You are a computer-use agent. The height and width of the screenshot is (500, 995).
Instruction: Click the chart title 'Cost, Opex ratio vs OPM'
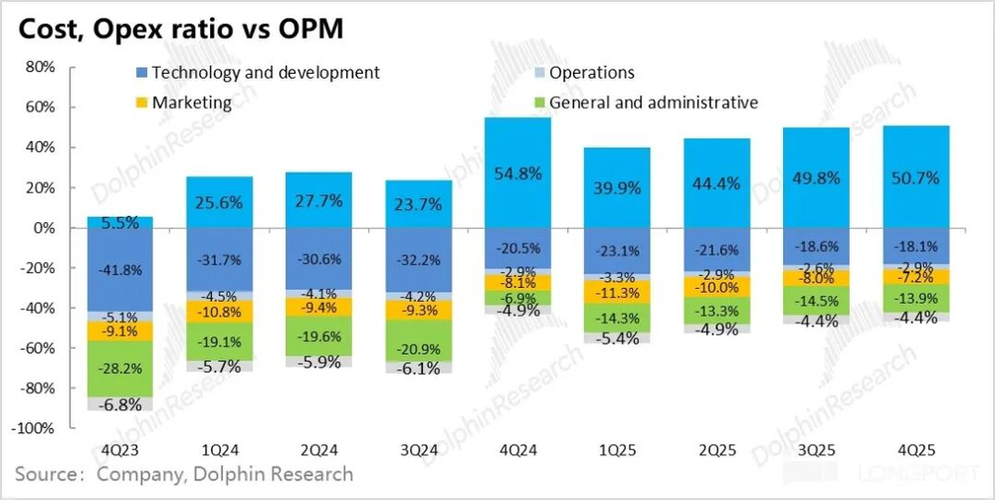click(178, 29)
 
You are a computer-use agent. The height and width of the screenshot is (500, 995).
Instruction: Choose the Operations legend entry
click(591, 73)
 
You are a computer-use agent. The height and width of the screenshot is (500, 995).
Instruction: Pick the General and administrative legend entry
click(653, 102)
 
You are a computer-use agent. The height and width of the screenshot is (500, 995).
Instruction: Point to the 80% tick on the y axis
click(38, 67)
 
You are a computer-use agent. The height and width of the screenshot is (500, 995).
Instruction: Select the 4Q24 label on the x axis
click(517, 449)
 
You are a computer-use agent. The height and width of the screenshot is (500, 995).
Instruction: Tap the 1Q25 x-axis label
click(617, 449)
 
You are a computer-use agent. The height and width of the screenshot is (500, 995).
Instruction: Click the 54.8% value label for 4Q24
click(517, 173)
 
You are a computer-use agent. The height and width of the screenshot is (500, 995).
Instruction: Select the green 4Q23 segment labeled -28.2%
click(120, 370)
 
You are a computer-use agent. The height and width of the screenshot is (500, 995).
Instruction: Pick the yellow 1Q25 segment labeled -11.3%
click(617, 293)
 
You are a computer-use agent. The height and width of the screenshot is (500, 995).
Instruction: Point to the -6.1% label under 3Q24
click(418, 370)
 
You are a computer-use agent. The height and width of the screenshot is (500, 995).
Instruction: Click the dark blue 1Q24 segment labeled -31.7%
click(220, 263)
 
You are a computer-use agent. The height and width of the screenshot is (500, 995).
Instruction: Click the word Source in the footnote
click(45, 474)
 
